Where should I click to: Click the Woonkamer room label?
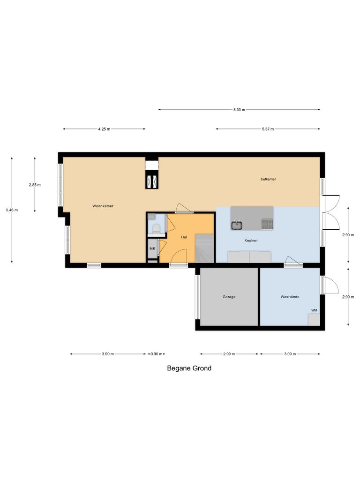click(x=103, y=206)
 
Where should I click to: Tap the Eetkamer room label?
click(x=268, y=179)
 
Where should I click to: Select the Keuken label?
click(x=251, y=240)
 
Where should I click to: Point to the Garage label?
click(x=229, y=297)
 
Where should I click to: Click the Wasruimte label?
click(x=290, y=297)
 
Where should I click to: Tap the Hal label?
click(x=184, y=237)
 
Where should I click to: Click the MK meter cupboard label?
click(x=152, y=248)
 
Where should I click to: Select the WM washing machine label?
click(x=314, y=310)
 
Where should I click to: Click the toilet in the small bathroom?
click(x=156, y=228)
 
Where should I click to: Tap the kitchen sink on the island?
click(x=237, y=225)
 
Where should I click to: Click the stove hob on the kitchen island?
click(x=267, y=225)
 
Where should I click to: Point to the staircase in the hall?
click(x=204, y=248)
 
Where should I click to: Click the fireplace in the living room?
click(x=152, y=180)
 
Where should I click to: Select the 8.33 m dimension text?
click(x=239, y=110)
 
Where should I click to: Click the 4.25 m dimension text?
click(x=104, y=129)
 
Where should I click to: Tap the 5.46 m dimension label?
click(x=12, y=210)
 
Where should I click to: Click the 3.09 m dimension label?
click(x=290, y=354)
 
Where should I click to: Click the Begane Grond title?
click(x=189, y=368)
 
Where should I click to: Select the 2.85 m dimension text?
click(x=35, y=185)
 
